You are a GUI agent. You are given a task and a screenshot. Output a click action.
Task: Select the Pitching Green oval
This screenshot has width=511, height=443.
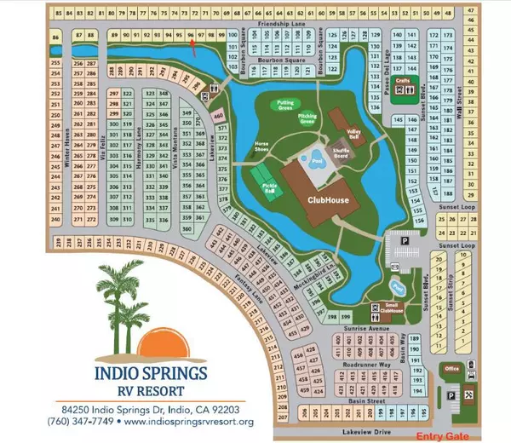tap(308, 121)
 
